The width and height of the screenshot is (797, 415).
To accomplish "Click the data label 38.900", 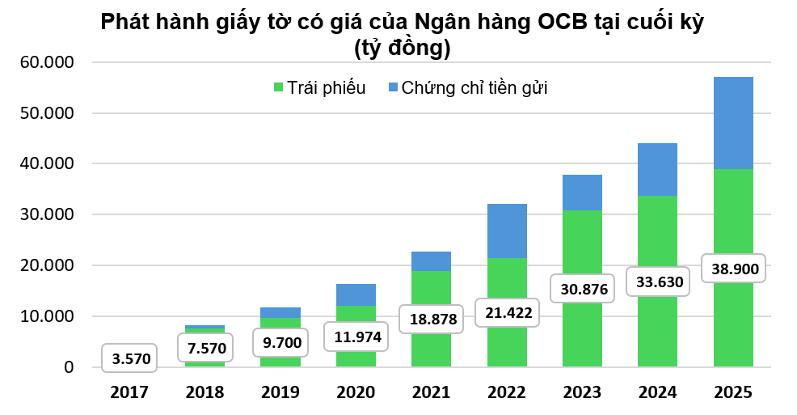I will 733,269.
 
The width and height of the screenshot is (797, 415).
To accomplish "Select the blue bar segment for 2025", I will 733,123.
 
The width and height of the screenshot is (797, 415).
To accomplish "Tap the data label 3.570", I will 131,357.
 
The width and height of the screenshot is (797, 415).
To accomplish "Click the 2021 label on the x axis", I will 431,393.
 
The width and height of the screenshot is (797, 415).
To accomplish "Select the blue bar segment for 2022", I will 507,231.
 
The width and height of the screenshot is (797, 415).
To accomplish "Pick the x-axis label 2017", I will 130,393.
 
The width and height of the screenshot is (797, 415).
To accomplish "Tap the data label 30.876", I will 582,288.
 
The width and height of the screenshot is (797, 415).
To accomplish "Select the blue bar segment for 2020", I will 356,294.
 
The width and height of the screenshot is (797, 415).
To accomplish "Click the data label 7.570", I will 205,349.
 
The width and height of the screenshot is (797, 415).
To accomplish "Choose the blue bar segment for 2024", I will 657,169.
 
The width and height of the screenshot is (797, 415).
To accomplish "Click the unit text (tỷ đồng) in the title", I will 401,48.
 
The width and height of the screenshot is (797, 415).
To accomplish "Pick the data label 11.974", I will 356,336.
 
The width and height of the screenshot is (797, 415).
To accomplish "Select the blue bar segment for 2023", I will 582,193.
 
